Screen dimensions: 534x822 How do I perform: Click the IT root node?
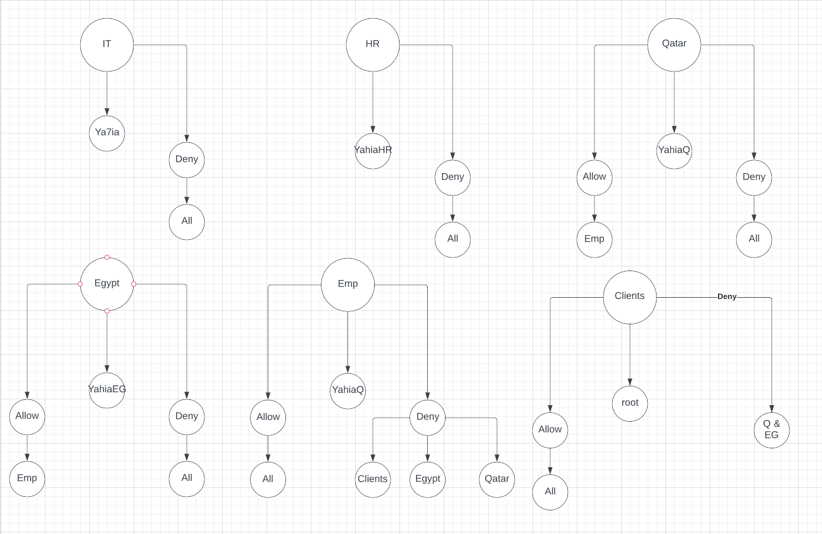click(x=107, y=45)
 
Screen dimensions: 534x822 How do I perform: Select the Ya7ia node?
click(x=107, y=133)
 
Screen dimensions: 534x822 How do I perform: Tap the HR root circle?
click(x=373, y=45)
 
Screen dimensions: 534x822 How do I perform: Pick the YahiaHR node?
click(x=373, y=151)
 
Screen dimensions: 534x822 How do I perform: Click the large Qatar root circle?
click(x=674, y=45)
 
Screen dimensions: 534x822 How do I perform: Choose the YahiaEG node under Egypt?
click(x=107, y=390)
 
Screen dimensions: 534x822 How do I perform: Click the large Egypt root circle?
click(x=107, y=284)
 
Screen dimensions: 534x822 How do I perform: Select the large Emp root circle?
click(x=348, y=285)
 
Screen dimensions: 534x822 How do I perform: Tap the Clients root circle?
click(x=630, y=297)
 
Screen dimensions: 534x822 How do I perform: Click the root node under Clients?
click(x=630, y=403)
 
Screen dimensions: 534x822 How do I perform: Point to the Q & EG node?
click(x=772, y=430)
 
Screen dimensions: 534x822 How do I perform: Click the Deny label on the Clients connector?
click(x=727, y=297)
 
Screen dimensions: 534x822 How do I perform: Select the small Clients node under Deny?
click(x=373, y=480)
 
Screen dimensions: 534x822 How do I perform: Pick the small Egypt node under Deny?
click(x=428, y=480)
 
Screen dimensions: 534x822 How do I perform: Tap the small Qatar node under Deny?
click(x=497, y=480)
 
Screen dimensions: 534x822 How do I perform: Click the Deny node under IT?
click(x=187, y=159)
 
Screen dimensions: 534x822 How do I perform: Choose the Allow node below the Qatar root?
click(x=594, y=177)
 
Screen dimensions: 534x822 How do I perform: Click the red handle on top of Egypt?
click(x=107, y=258)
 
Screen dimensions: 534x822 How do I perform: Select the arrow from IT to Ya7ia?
click(x=107, y=93)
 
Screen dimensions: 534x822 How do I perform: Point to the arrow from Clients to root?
click(x=630, y=354)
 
